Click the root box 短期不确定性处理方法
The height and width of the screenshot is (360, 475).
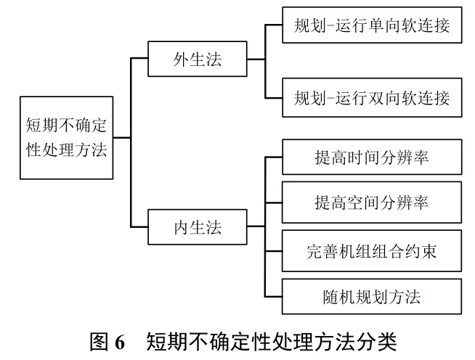(66, 138)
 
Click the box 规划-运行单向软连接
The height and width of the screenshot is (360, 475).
(372, 27)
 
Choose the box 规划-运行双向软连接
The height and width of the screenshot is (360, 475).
(372, 97)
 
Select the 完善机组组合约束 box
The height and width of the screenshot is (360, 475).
(372, 251)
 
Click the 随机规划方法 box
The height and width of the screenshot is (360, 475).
(372, 297)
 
